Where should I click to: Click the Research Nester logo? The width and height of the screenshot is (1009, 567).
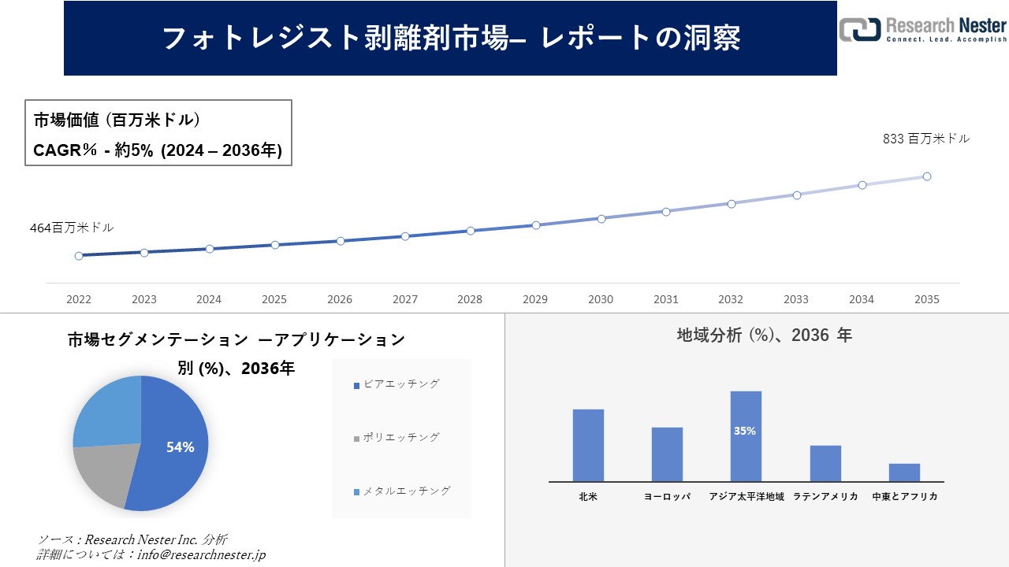[922, 29]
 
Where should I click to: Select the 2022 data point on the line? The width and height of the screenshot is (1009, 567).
[79, 256]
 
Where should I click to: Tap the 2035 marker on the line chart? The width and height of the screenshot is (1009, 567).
[927, 176]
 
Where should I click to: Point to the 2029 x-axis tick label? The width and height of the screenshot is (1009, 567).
[535, 299]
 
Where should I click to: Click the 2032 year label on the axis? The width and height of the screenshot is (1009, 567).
[731, 299]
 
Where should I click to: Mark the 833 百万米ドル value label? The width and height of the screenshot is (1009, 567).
[925, 139]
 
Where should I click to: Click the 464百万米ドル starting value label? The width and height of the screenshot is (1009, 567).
[72, 228]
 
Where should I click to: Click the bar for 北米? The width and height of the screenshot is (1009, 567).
[588, 445]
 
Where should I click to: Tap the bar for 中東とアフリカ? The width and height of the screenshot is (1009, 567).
[904, 472]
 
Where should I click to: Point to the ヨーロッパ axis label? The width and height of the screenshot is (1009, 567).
[667, 497]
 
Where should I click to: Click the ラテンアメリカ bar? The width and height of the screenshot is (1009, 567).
[825, 463]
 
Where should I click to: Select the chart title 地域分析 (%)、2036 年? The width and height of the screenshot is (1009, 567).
[764, 335]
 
